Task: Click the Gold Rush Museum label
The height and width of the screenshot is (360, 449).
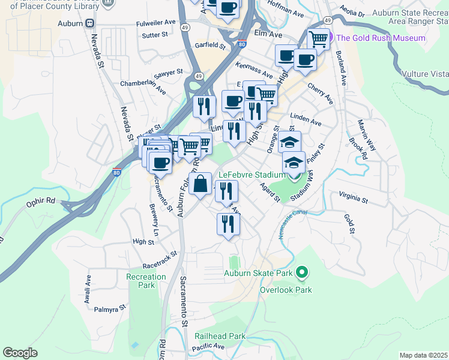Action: [x=381, y=38]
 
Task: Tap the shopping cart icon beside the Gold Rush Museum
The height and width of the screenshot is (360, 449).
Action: [x=319, y=40]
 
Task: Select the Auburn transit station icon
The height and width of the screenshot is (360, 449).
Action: [x=89, y=23]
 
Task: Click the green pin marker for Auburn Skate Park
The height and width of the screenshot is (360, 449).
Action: [x=302, y=273]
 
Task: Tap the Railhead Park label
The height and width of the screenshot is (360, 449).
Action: [x=220, y=337]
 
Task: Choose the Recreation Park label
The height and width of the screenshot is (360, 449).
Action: [x=146, y=281]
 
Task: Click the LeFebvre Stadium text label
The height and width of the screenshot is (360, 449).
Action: [x=251, y=175]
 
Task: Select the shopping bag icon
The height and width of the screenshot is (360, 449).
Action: [x=200, y=184]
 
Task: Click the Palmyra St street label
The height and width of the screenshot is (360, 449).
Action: [x=110, y=308]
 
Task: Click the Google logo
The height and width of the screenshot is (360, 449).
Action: [x=20, y=352]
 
